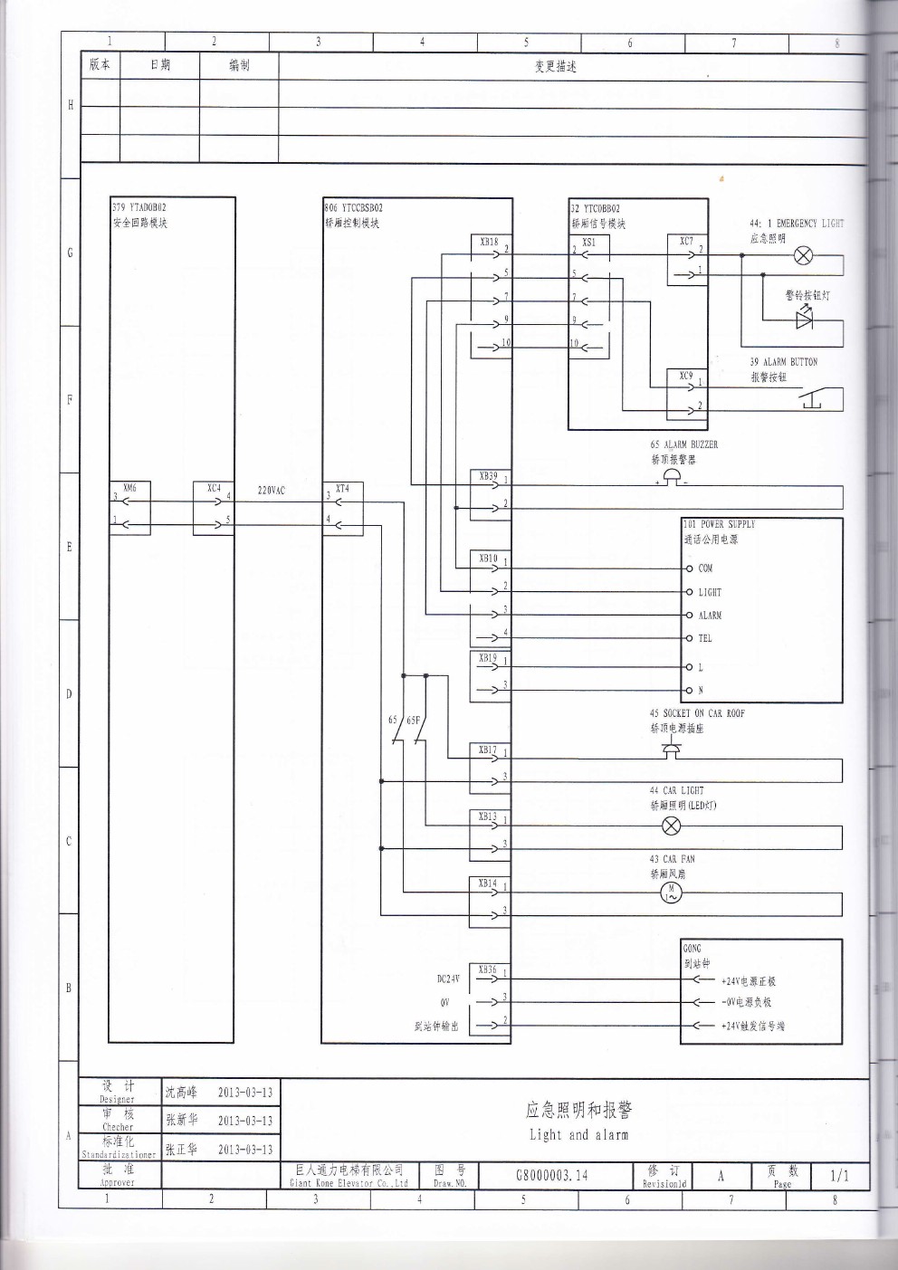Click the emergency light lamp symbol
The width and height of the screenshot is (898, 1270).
(802, 255)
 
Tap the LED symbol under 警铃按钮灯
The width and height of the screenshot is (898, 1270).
(803, 319)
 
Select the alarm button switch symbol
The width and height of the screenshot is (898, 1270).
(810, 399)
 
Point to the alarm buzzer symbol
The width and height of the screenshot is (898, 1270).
(671, 480)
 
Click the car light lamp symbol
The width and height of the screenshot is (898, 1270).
(671, 826)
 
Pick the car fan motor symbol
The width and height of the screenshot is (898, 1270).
(671, 893)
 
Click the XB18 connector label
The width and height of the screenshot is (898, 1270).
(488, 242)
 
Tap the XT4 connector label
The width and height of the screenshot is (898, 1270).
(342, 489)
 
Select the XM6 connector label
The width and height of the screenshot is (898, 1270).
(129, 489)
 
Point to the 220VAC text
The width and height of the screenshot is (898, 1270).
(271, 491)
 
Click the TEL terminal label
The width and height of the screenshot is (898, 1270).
(705, 638)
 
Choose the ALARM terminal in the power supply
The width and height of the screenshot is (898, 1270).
(710, 616)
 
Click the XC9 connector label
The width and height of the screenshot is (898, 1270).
(686, 376)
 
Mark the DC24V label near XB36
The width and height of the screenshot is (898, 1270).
(448, 979)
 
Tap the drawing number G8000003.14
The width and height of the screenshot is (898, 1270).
(551, 1176)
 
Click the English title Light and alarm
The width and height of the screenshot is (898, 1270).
(578, 1135)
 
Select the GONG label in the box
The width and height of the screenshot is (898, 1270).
(692, 949)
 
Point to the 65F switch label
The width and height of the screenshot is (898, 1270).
(414, 721)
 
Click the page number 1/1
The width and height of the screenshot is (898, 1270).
(839, 1176)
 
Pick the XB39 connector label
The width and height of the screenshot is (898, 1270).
(488, 475)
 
